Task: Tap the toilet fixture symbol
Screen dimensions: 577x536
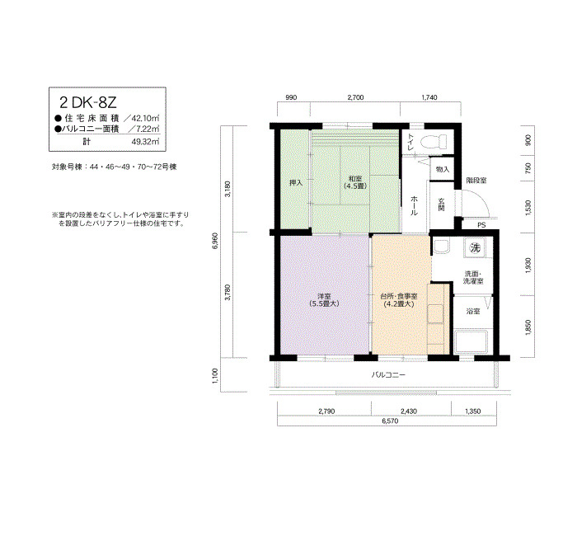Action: click(x=434, y=142)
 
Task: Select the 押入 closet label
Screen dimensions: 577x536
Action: click(x=296, y=182)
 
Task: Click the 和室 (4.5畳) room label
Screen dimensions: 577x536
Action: click(x=355, y=182)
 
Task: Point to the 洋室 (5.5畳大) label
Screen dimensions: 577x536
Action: click(x=324, y=300)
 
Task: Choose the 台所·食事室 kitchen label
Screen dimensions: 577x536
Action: click(x=399, y=300)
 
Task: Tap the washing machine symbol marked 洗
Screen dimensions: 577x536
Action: click(x=475, y=247)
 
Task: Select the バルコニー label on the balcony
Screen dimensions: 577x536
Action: click(x=388, y=374)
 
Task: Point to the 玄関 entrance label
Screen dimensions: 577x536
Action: click(x=442, y=205)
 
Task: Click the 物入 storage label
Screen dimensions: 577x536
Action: click(x=443, y=169)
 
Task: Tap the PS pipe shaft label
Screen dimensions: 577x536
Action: click(x=481, y=225)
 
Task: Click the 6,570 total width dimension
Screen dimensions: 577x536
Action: click(x=390, y=421)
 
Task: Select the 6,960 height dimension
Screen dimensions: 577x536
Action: click(x=215, y=241)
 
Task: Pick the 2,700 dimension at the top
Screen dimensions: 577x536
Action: click(x=355, y=97)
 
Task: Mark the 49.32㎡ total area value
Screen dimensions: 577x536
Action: click(x=146, y=142)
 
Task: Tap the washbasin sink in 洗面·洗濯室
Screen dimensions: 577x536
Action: click(x=441, y=247)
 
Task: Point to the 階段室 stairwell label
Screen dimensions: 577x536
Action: click(x=476, y=181)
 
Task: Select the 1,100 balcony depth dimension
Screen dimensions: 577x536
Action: click(x=215, y=375)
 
